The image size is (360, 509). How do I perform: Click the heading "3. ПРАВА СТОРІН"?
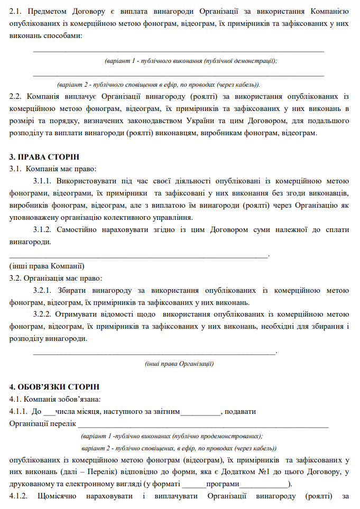pos(45,158)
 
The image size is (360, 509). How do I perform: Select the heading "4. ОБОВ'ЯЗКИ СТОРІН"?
pos(54,387)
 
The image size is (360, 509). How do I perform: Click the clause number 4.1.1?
pos(19,411)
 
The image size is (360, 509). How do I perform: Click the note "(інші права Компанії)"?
pos(47,266)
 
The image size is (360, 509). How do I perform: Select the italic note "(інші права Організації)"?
pos(179,364)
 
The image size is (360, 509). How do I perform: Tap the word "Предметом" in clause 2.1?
pos(48,11)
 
